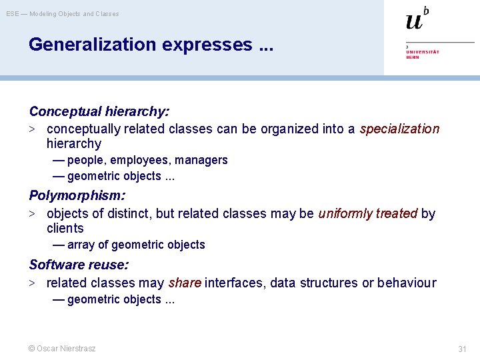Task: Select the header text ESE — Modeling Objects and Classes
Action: [63, 13]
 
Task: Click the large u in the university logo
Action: [414, 21]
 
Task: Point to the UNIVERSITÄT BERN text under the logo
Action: [422, 54]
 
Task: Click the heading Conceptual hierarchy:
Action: [99, 111]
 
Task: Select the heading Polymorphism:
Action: [77, 195]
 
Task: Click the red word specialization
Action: [399, 129]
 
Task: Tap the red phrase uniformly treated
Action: [368, 213]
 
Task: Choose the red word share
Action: [185, 283]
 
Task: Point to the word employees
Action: [141, 160]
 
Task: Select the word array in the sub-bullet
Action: [81, 245]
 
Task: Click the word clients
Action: [65, 228]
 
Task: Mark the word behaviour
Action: [407, 283]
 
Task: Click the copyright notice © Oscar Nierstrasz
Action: [62, 348]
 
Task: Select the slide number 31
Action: [462, 349]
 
